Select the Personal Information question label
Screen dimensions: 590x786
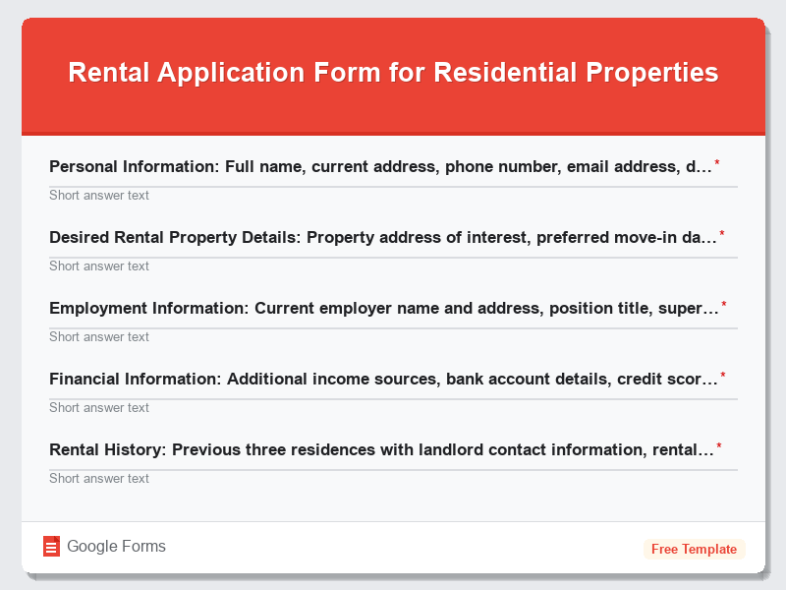380,166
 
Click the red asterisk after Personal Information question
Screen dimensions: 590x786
717,163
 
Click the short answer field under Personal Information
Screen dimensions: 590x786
393,195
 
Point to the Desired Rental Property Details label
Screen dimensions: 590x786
383,237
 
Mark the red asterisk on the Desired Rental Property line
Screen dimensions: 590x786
722,234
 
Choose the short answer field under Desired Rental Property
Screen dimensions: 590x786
393,265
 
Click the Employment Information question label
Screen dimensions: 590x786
384,308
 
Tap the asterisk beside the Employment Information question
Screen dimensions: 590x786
724,305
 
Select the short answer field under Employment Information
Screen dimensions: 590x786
393,336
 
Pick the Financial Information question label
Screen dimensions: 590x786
384,379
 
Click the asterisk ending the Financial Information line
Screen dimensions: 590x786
723,376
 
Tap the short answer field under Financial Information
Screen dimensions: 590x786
393,407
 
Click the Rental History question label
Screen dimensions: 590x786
381,449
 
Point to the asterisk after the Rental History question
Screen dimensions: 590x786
719,446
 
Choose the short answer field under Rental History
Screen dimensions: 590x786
393,478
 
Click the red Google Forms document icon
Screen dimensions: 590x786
51,547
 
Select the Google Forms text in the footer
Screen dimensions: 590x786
116,547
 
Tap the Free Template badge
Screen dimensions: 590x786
694,549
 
